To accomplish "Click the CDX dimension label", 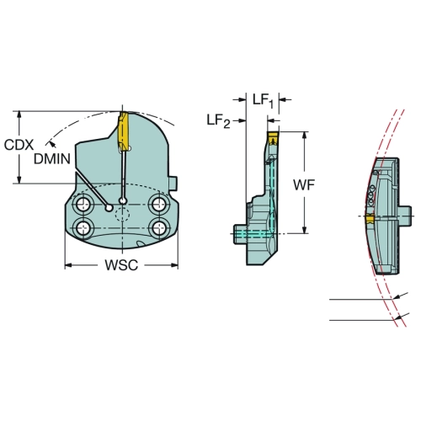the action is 19,145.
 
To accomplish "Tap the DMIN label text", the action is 52,159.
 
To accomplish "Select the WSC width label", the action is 121,265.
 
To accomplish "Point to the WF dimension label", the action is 304,184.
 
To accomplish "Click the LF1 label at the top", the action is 263,100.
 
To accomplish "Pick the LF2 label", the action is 218,120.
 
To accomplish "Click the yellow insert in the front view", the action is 123,128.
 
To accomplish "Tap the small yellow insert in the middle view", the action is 273,138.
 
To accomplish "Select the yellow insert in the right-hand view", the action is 370,219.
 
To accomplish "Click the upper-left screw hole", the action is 83,204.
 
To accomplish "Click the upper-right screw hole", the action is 159,204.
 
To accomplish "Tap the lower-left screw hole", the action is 83,227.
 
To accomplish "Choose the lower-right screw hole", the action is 159,227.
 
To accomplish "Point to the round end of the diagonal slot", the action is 109,208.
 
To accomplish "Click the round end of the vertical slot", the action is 123,200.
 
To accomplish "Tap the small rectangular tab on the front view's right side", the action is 173,184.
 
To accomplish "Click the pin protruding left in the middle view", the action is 240,234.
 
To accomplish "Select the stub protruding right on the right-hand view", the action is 405,216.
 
